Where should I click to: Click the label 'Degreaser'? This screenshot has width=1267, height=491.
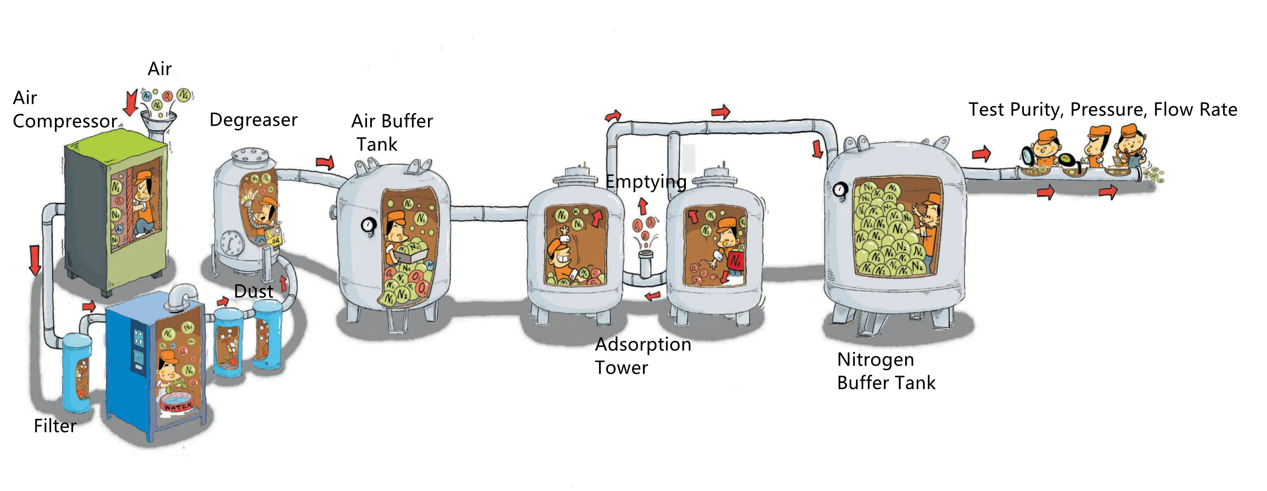pos(253,120)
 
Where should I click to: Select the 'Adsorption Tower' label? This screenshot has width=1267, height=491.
pos(643,356)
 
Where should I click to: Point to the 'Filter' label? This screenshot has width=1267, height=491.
pos(55,426)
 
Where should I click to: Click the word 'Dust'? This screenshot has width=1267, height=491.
pos(253,291)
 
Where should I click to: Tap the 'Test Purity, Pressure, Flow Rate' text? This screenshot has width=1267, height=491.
pos(1103,110)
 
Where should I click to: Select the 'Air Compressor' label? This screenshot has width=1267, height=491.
pos(65,110)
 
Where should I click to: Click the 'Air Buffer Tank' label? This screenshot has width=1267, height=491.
pos(392,132)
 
